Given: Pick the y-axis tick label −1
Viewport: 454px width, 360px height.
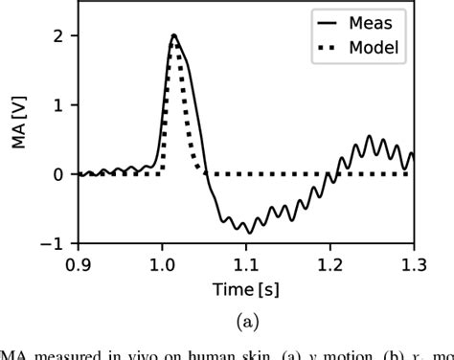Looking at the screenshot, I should tap(53, 244).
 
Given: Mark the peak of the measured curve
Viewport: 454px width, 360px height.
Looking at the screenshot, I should tap(173, 35).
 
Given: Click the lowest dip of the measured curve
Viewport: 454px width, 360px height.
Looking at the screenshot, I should tap(249, 233).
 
